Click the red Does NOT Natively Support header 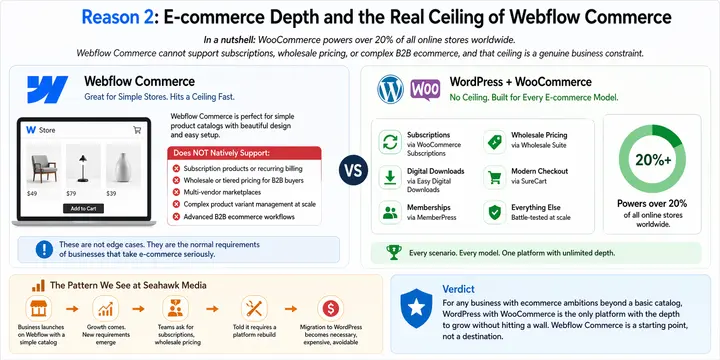pyautogui.click(x=244, y=153)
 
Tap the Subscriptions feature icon pyautogui.click(x=390, y=142)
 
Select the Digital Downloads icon pyautogui.click(x=390, y=178)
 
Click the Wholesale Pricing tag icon pyautogui.click(x=494, y=142)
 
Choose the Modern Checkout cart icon pyautogui.click(x=494, y=178)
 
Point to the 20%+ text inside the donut pyautogui.click(x=652, y=159)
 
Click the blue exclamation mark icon pyautogui.click(x=40, y=250)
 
